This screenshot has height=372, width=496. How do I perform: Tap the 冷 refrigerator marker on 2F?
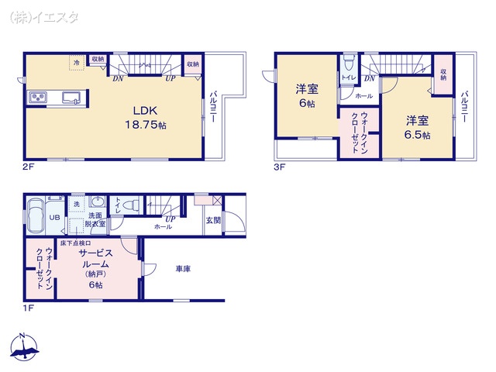(x=76, y=62)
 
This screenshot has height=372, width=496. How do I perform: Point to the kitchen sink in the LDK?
(x=71, y=98)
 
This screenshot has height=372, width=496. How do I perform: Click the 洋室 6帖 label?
(x=305, y=96)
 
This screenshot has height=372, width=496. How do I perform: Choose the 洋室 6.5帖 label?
(x=417, y=127)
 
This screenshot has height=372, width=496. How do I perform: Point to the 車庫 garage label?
(x=183, y=269)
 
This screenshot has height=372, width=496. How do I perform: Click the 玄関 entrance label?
(x=212, y=220)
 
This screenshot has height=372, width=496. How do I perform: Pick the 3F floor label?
(x=278, y=166)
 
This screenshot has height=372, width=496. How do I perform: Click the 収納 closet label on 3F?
(x=443, y=74)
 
